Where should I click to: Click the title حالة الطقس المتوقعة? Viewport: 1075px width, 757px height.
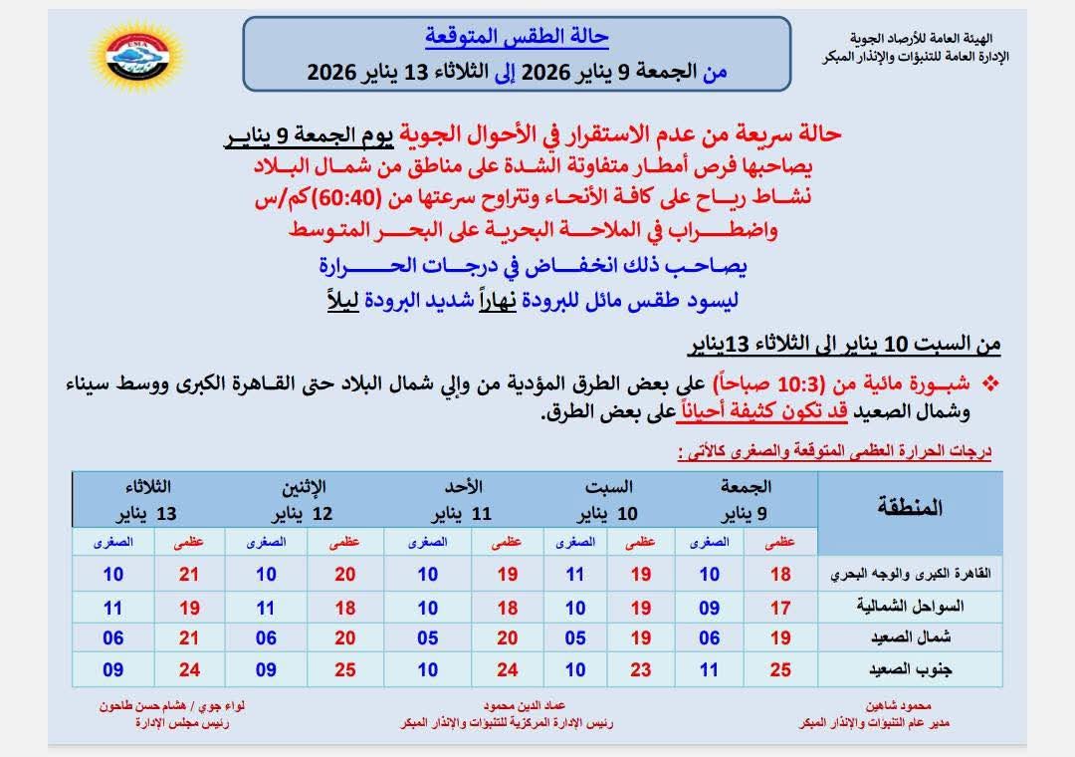pos(517,37)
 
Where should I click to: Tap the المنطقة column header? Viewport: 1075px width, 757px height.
pos(911,507)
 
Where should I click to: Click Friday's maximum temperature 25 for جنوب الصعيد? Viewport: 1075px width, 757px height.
pos(780,670)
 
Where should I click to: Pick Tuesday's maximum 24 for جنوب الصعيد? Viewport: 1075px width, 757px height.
pos(189,670)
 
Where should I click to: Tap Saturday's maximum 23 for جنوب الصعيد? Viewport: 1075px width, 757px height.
pos(641,670)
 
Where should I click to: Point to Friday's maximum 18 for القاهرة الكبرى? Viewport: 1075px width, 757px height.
pos(780,575)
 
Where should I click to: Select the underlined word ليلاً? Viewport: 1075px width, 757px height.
pos(334,299)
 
